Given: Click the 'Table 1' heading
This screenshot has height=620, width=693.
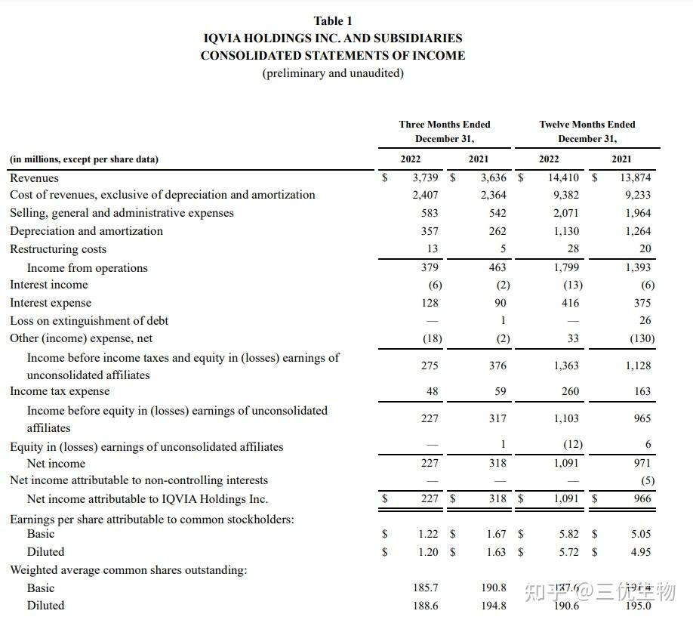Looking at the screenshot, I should tap(333, 21).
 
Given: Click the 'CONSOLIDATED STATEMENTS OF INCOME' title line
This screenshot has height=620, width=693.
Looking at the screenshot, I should tap(333, 56).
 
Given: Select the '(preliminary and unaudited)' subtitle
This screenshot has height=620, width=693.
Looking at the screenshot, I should tap(333, 73).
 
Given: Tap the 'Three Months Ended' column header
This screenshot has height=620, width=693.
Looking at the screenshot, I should tap(445, 125).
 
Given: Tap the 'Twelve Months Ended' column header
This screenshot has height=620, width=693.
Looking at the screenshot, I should tap(587, 125).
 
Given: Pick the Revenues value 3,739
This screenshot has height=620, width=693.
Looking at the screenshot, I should tap(426, 178).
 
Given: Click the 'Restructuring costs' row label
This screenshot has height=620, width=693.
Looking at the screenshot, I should tap(58, 249).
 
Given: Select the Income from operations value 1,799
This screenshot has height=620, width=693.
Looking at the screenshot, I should tap(566, 267).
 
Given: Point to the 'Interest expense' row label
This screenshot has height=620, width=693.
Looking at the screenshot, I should tap(51, 303).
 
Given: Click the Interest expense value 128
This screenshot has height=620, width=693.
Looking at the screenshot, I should tap(430, 303).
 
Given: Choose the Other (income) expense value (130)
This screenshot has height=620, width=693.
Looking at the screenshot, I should tap(642, 339).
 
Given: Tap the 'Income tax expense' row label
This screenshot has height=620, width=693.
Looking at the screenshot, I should tap(60, 391).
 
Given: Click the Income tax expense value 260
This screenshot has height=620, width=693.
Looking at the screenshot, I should tap(570, 391).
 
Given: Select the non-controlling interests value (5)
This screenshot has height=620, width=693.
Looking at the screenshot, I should tap(647, 481).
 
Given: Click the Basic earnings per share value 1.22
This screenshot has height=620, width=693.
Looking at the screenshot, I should tap(428, 534).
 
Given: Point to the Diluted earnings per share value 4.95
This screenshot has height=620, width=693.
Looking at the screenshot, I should tap(640, 552).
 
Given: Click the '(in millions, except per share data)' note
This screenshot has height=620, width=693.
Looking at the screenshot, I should tap(85, 159).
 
